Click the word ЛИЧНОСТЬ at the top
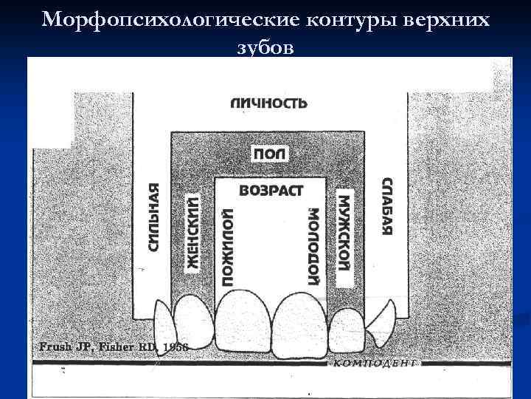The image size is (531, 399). pos(268,103)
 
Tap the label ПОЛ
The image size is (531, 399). pos(271,153)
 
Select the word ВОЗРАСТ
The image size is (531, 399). pos(271,191)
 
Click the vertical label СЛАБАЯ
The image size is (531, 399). pos(386,206)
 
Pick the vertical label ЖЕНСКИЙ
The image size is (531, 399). pos(192,233)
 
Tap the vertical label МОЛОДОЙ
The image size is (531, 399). pos(313,247)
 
